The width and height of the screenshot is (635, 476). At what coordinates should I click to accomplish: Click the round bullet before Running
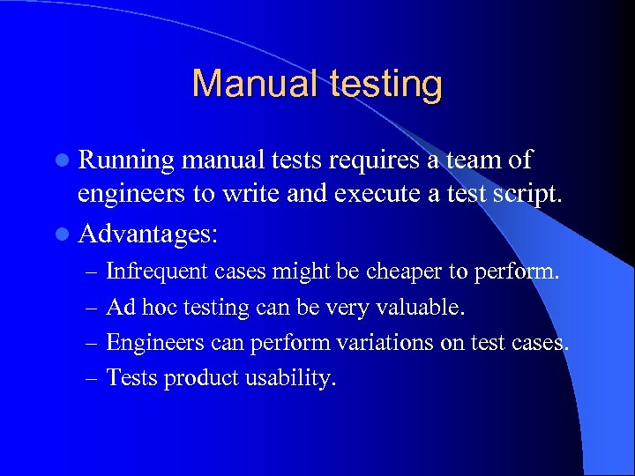point(67,161)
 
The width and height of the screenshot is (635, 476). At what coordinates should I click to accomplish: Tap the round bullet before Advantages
point(67,233)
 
